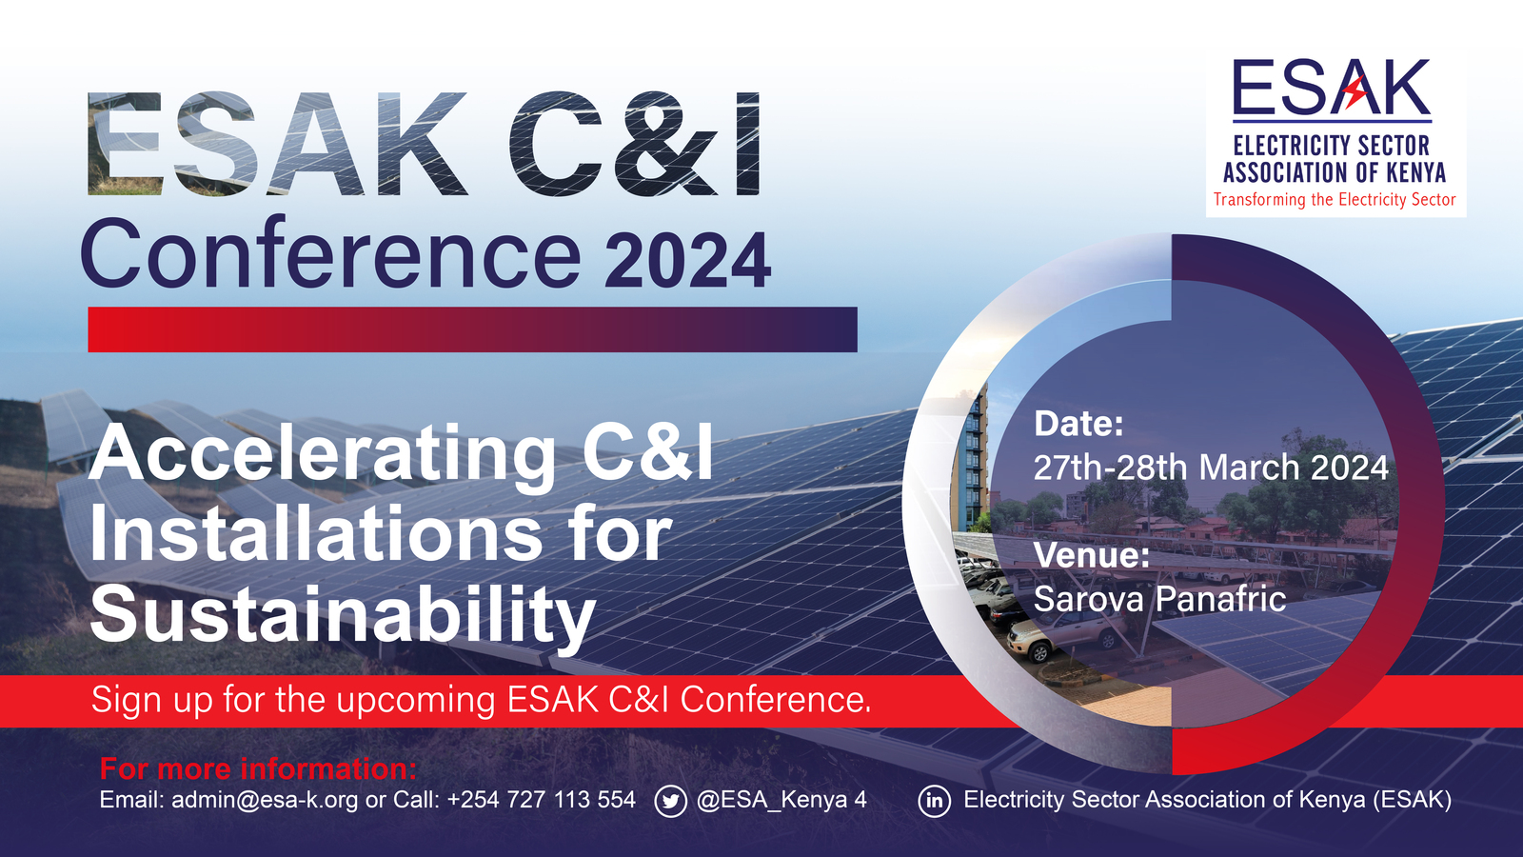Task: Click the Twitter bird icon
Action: point(670,801)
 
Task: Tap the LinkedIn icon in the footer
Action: point(934,801)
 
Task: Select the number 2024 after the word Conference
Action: point(687,261)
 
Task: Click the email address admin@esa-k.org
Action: point(265,800)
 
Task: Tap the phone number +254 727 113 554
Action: point(542,800)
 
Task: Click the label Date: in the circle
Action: point(1078,423)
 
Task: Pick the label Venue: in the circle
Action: point(1091,555)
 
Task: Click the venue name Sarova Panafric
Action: point(1160,599)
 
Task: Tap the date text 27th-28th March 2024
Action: point(1211,468)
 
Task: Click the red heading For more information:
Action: point(258,769)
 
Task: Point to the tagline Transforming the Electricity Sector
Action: point(1335,200)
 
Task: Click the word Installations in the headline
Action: point(316,534)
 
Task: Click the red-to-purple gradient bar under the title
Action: point(472,329)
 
